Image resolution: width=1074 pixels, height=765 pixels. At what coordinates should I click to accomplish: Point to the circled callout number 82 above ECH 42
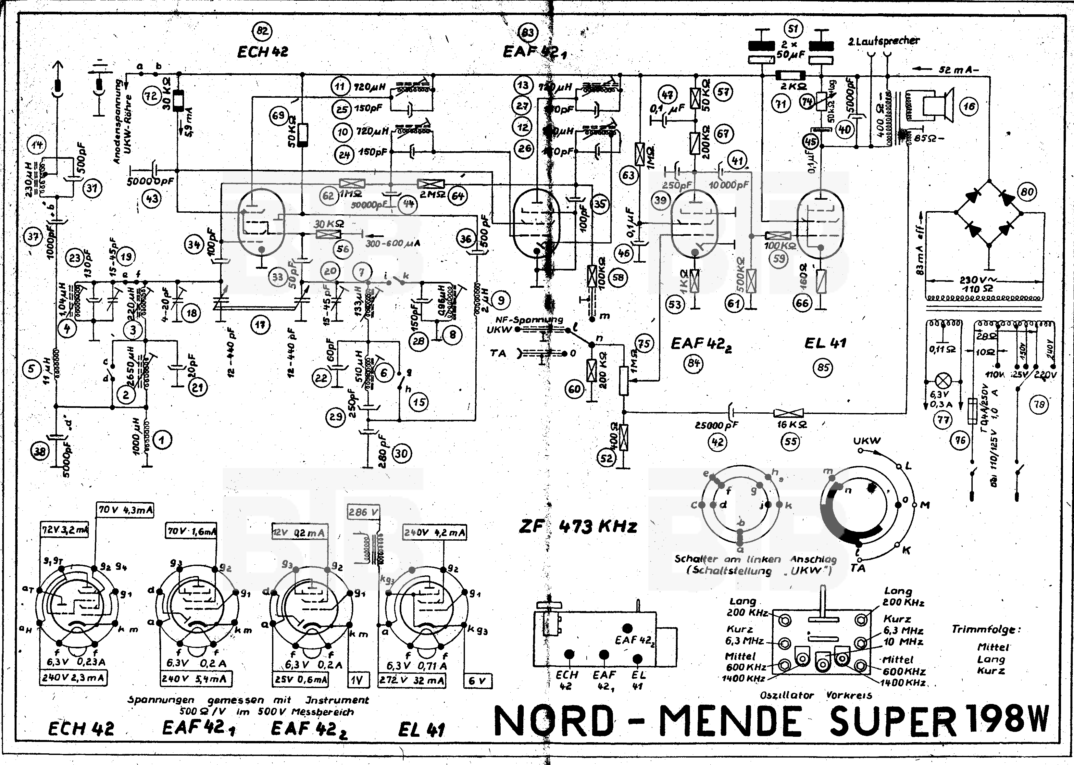[262, 31]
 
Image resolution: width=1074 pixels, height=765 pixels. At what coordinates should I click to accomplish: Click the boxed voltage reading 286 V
[363, 512]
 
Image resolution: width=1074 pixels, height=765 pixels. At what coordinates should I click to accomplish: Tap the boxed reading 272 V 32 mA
[411, 680]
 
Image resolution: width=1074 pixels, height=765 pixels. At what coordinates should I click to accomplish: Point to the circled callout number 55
[791, 441]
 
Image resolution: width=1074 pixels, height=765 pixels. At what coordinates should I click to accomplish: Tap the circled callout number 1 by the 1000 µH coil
[163, 440]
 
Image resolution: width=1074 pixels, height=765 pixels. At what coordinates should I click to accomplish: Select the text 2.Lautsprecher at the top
[883, 41]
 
